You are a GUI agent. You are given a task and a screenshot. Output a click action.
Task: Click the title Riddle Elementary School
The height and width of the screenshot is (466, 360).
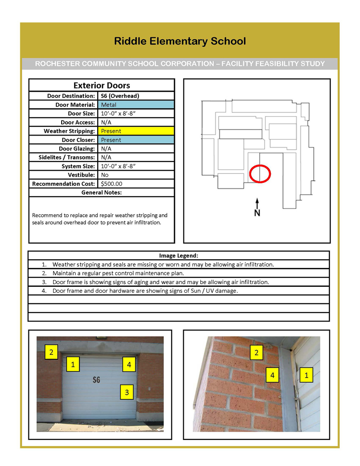pos(180,41)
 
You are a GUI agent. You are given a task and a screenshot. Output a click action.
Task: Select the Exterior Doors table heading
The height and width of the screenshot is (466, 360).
pos(102,85)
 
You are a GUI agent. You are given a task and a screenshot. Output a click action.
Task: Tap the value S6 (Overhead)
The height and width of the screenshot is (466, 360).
pos(120,96)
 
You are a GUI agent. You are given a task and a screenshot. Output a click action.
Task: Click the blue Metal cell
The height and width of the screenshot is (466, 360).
pos(135,104)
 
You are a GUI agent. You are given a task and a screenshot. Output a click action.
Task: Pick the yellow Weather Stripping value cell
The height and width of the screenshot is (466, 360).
pos(135,131)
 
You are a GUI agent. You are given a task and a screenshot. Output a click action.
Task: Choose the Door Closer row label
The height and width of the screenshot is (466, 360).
pos(76,140)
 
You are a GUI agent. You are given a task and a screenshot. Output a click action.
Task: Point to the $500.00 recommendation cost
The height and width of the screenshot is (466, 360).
pos(112,184)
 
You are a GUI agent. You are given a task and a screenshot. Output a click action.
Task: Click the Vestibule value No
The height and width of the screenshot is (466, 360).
pos(105,175)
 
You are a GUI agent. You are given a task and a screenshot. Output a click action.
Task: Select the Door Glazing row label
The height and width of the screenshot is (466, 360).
pos(77,149)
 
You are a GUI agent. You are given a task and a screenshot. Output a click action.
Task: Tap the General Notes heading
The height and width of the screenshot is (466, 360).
pos(102,192)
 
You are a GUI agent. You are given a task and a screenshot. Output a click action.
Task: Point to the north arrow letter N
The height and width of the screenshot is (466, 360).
pos(257,213)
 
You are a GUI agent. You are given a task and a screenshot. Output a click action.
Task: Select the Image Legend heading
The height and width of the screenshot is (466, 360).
pos(179,255)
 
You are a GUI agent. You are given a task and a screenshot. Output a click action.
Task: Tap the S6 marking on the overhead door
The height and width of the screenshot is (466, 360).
pos(96,380)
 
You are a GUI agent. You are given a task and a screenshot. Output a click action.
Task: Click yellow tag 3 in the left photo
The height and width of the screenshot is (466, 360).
pos(127,393)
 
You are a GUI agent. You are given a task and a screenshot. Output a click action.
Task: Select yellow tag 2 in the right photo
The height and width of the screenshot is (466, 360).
pos(256,353)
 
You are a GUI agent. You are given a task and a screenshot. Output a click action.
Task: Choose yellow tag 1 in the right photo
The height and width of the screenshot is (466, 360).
pos(306,375)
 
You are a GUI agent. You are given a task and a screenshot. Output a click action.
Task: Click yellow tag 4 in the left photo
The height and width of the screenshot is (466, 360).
pos(129,365)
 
